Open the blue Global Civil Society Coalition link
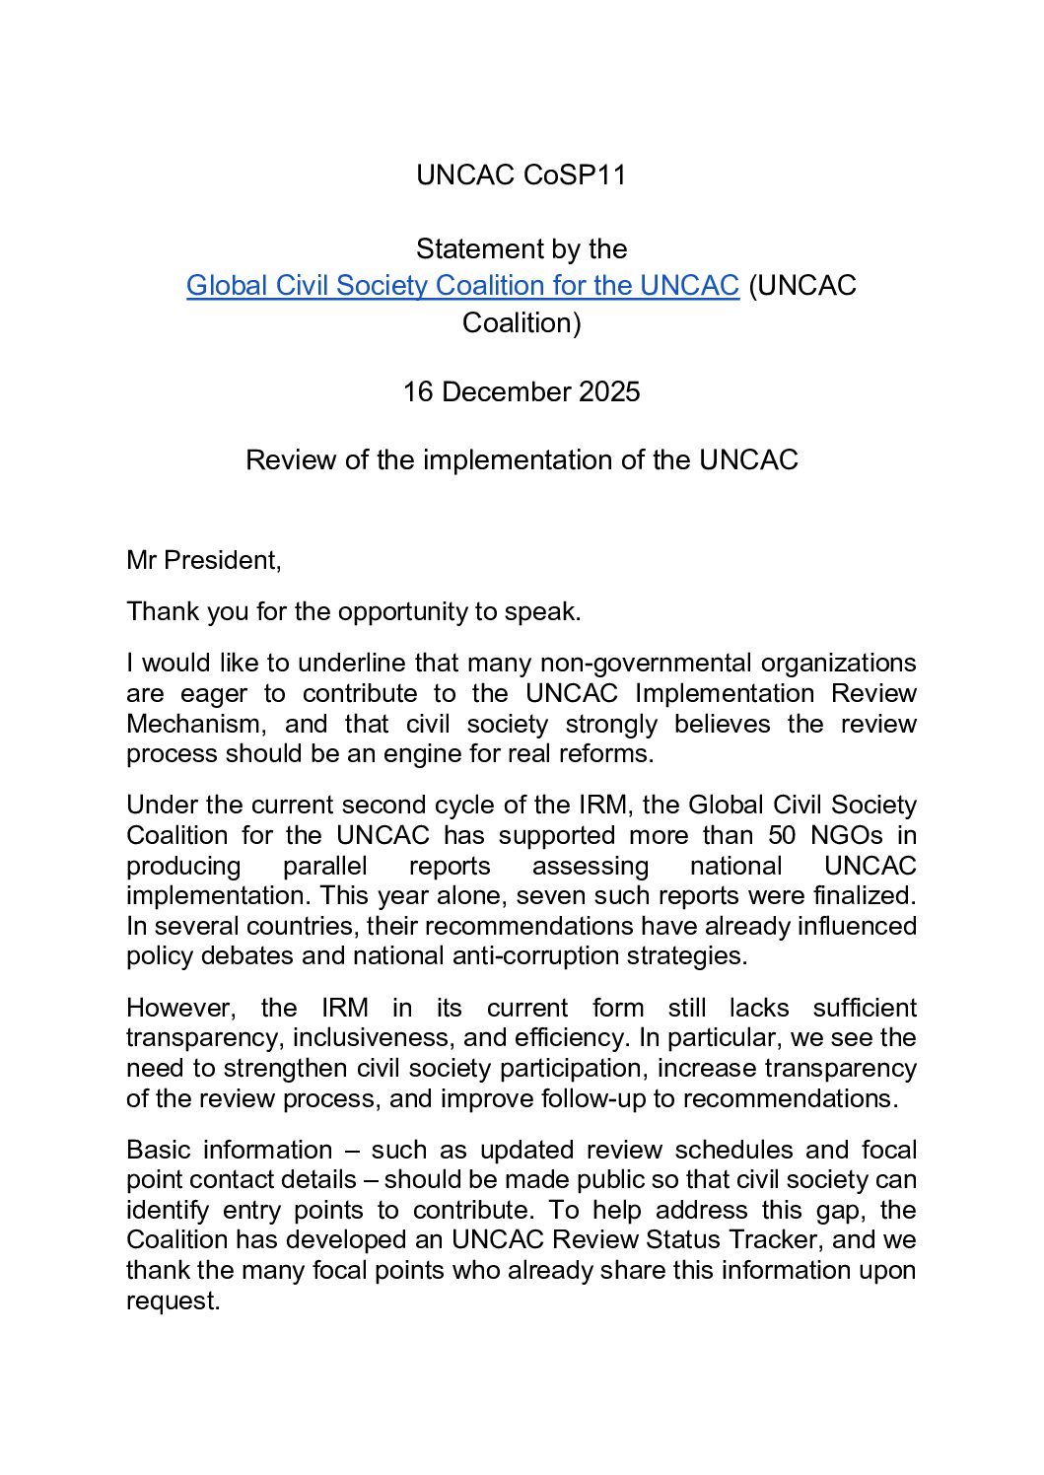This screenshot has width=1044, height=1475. coord(462,286)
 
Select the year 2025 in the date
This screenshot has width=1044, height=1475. coord(609,392)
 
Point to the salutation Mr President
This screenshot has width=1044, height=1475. coord(203,561)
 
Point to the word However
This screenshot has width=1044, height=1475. coord(180,1009)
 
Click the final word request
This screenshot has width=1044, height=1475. coord(173,1301)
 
